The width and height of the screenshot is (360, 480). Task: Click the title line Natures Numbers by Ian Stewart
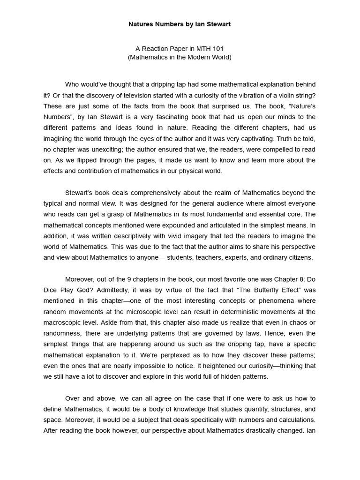[180, 24]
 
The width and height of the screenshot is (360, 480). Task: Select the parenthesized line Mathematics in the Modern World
[180, 57]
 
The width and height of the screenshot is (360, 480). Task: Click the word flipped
[89, 160]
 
